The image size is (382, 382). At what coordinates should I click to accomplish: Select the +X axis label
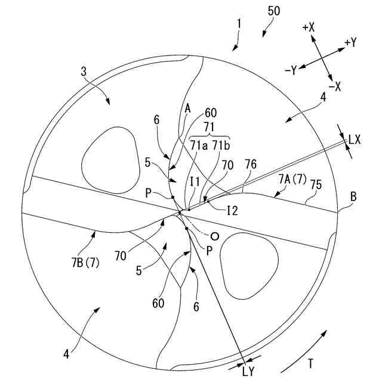309,27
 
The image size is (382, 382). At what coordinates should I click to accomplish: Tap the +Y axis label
350,42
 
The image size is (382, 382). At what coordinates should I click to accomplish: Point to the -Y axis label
291,70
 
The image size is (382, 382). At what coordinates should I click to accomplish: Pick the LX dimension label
354,140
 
